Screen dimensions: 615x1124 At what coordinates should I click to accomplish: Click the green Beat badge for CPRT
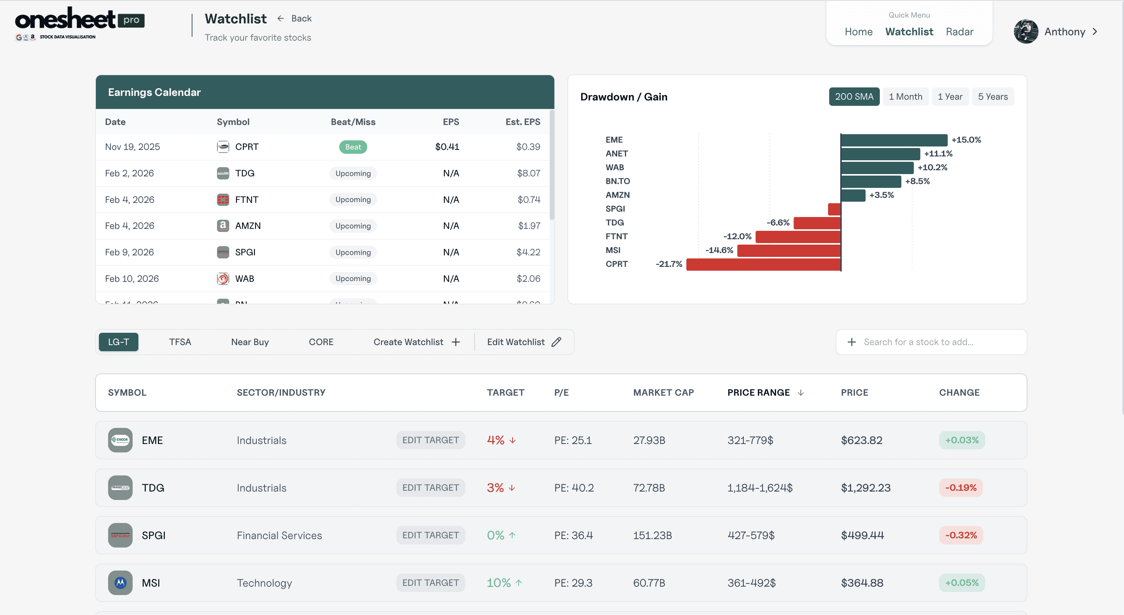coord(353,147)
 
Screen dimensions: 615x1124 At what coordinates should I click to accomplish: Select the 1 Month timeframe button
coord(905,97)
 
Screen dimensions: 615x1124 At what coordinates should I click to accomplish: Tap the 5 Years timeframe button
coord(993,97)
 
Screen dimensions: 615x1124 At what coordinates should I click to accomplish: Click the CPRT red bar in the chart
coord(763,265)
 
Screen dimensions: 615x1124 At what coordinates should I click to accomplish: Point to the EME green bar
coord(894,140)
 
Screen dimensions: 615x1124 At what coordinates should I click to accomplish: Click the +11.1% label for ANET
coord(938,154)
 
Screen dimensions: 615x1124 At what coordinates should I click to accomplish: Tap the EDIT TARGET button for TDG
coord(430,488)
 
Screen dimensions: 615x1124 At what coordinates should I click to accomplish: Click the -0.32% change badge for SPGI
coord(961,536)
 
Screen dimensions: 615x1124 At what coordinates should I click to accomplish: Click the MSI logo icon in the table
coord(120,583)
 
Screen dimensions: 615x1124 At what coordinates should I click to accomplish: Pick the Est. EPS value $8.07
coord(528,173)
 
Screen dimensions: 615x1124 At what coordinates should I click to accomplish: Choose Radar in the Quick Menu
coord(959,32)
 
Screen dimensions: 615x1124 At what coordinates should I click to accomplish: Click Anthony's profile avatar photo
coord(1025,32)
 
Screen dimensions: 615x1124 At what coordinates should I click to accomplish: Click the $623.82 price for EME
coord(861,441)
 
